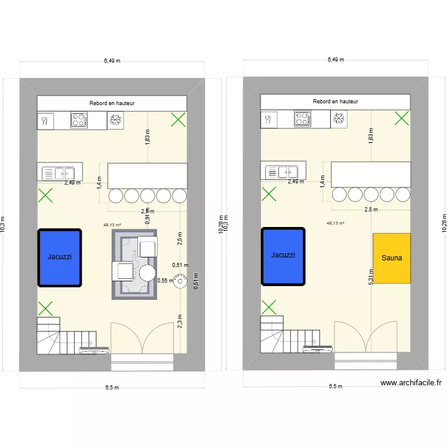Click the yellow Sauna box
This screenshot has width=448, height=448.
click(392, 258)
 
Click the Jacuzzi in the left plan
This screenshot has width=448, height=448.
click(60, 257)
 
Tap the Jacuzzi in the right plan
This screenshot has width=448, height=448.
click(283, 254)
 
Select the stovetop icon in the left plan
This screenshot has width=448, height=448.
click(79, 120)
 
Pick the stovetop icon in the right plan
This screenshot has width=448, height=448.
click(303, 119)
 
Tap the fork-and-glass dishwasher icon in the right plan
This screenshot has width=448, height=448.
click(269, 119)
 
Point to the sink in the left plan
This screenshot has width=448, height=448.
click(58, 173)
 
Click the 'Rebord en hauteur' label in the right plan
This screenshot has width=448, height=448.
click(335, 102)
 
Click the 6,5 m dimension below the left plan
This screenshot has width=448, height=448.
click(112, 387)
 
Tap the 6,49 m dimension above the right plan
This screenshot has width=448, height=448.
click(335, 60)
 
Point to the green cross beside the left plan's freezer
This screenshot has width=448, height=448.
click(178, 120)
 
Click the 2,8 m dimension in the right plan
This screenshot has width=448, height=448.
click(371, 210)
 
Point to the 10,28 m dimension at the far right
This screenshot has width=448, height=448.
click(444, 225)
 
